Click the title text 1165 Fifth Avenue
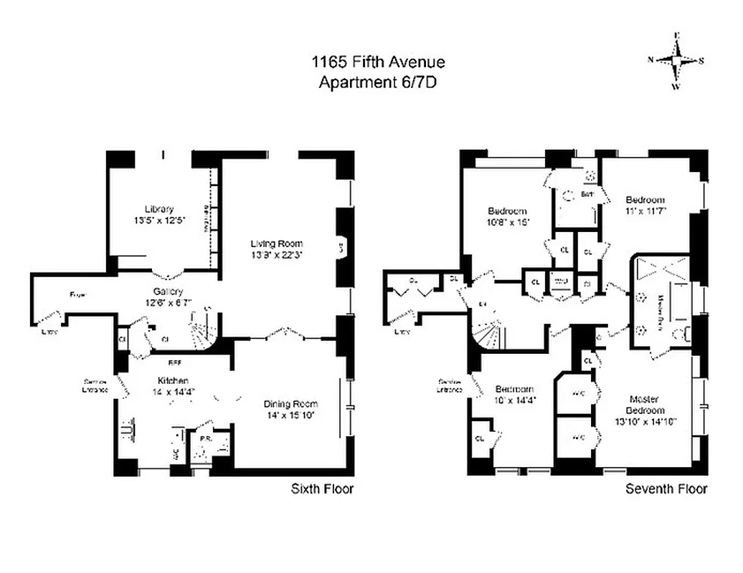coord(377,62)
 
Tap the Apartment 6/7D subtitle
coord(377,82)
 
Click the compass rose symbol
coord(676,60)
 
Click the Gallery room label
coord(169,292)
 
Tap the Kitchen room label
coord(174,380)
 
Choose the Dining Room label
coord(290,404)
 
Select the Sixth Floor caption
coord(322,489)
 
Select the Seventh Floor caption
coord(666,489)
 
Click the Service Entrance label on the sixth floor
coord(96,385)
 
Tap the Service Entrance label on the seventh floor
coord(448,385)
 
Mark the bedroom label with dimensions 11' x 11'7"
coord(645,200)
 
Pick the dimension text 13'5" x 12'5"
coord(164,221)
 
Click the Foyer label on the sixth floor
coord(78,294)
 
